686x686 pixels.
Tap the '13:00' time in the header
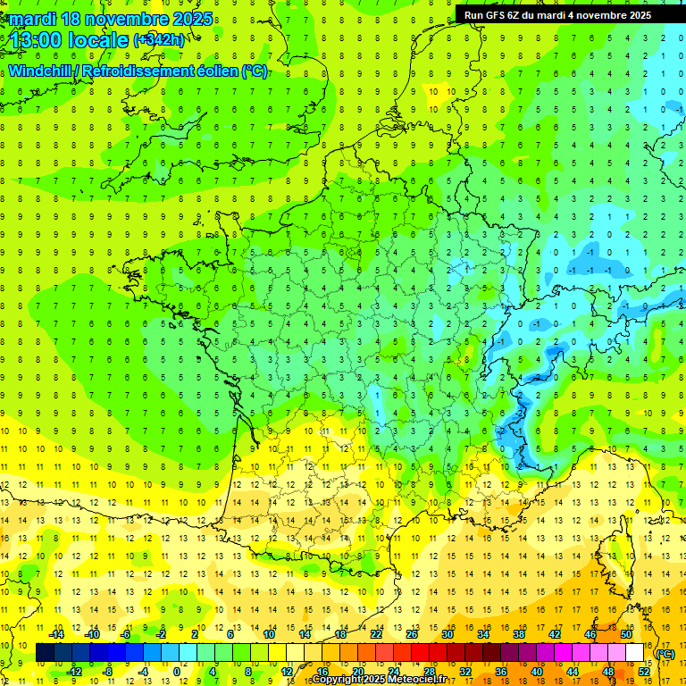[x=37, y=40]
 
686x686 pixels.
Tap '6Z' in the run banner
[x=514, y=15]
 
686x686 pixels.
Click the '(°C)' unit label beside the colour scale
[x=665, y=654]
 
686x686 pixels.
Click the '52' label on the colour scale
[x=644, y=672]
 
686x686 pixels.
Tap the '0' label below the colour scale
[x=177, y=672]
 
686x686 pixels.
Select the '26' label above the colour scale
[x=412, y=634]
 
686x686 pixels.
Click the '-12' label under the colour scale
[x=74, y=672]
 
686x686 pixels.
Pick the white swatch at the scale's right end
[x=635, y=653]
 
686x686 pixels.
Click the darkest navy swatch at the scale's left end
[x=45, y=653]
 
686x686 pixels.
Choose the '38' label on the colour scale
[x=519, y=634]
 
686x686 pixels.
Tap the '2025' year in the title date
[x=191, y=18]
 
